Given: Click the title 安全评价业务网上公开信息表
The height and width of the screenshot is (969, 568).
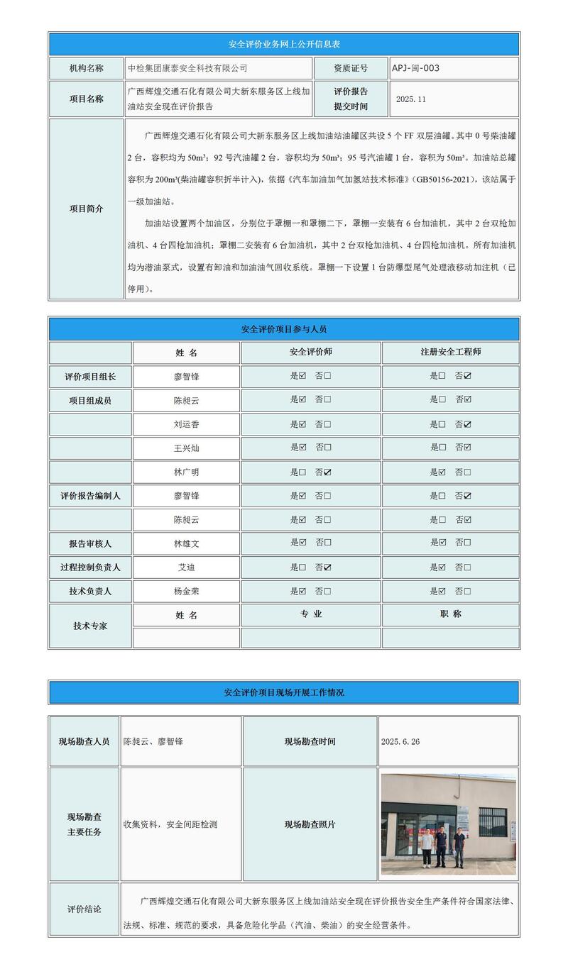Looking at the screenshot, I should click(284, 44).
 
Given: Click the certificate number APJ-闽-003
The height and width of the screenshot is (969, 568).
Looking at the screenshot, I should click(415, 68).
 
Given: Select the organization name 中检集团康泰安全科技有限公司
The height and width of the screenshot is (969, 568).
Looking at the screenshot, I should click(187, 68).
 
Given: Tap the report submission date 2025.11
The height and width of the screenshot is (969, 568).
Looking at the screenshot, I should click(411, 99).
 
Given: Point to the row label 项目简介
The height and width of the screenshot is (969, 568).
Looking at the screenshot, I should click(86, 209).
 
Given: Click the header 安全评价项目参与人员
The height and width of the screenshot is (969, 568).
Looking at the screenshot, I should click(284, 329).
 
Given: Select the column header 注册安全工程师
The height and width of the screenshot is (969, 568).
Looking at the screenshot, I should click(450, 353).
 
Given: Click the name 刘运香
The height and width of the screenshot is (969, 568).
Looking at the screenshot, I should click(186, 424).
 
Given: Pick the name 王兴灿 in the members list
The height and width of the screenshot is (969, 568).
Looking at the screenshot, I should click(186, 448).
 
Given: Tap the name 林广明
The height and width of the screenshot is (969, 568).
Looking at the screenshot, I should click(186, 472).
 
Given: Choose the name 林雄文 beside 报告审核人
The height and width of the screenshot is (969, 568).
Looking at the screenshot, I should click(186, 543).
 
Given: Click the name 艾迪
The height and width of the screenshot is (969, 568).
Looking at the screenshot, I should click(186, 567).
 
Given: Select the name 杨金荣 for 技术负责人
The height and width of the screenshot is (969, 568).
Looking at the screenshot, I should click(186, 591).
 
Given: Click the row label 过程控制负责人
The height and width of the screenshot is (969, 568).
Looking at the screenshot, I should click(90, 567).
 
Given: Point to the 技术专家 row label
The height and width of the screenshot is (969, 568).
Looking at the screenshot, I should click(90, 626).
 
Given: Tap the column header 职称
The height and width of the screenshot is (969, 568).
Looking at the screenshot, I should click(450, 614).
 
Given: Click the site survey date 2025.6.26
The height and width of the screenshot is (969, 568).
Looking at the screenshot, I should click(400, 741).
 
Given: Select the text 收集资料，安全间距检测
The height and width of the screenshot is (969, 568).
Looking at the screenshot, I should click(170, 824).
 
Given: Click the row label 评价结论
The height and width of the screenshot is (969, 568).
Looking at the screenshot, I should click(84, 909).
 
